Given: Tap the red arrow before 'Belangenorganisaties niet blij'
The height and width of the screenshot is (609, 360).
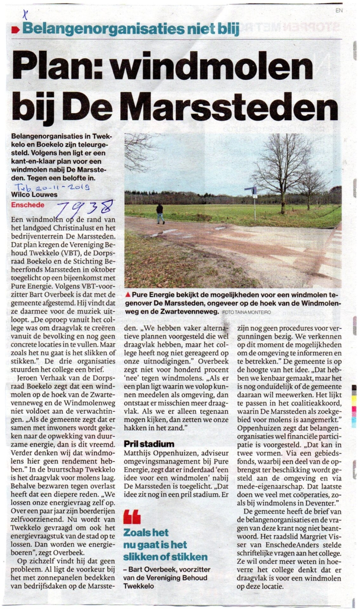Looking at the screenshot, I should point(15,29).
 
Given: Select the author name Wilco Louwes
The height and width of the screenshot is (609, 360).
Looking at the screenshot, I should point(35,195).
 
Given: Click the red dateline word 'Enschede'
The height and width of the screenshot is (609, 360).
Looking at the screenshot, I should point(28,205).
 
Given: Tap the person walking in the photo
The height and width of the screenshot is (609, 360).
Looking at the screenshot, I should point(160,214).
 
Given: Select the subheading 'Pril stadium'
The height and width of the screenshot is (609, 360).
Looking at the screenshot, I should point(149,444).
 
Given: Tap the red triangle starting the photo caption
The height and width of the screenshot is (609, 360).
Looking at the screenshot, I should point(128,294).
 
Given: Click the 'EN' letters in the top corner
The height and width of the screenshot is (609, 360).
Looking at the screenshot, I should point(339,11).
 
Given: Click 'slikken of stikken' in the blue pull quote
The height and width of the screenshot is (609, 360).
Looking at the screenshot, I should point(165,557).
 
